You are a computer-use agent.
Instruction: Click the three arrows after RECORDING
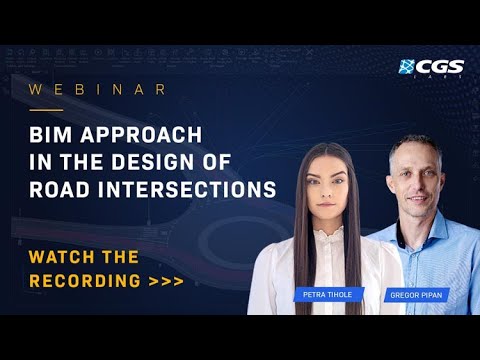[166, 281]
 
